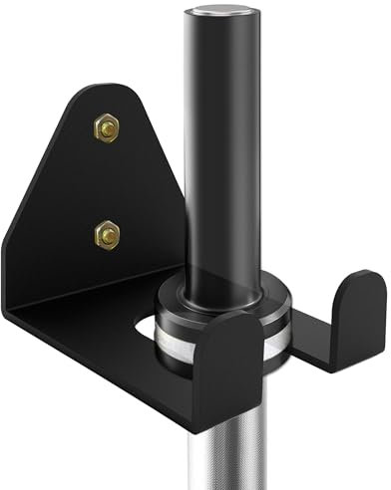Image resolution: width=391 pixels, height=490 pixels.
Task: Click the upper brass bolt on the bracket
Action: [x=106, y=131]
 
